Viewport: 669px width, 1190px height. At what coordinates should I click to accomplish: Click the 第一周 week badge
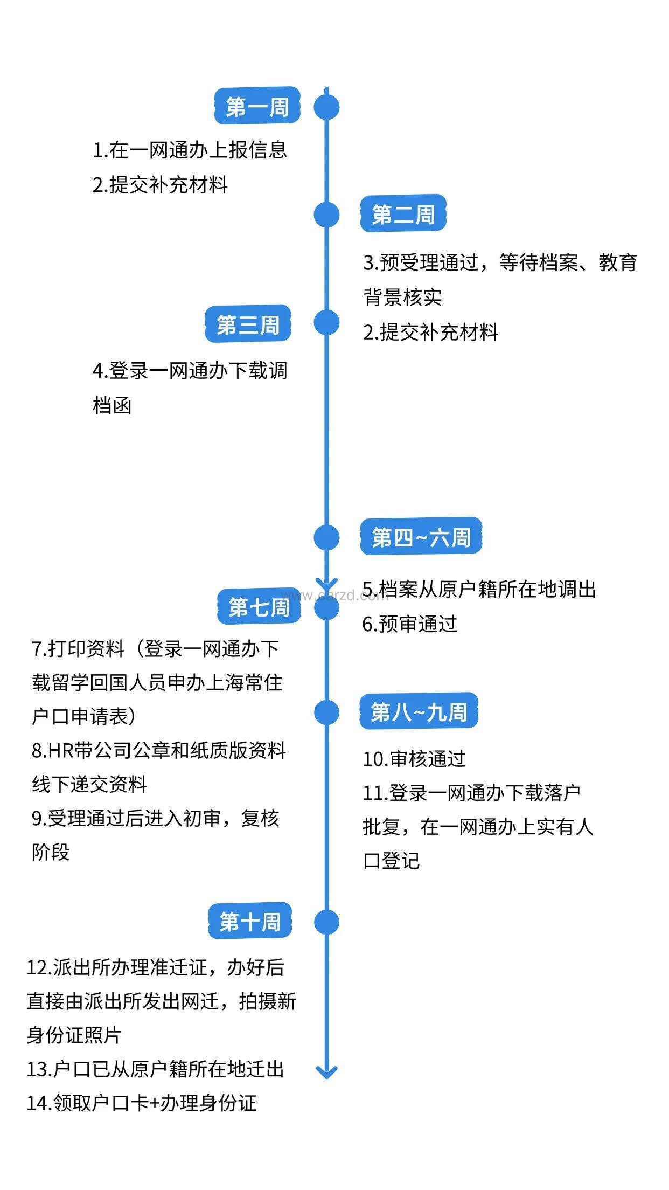[x=257, y=106]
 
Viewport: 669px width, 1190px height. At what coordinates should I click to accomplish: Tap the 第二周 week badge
[x=403, y=214]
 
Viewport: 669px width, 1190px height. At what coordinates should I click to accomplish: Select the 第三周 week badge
[x=248, y=324]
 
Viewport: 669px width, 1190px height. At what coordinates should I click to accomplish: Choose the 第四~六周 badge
[x=421, y=537]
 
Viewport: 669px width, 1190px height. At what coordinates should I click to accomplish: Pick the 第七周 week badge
[x=259, y=607]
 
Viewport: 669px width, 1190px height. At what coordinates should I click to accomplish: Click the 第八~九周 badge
[x=419, y=711]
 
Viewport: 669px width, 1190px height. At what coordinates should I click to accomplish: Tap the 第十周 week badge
[x=250, y=922]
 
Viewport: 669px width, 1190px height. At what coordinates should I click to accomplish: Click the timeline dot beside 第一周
[x=326, y=107]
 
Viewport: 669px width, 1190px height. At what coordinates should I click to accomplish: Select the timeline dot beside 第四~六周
[x=326, y=537]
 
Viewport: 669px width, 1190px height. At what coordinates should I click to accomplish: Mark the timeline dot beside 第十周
[x=326, y=922]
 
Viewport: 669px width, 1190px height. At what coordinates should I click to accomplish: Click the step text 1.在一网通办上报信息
[x=190, y=150]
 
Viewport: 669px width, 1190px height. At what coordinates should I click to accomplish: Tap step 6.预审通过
[x=409, y=624]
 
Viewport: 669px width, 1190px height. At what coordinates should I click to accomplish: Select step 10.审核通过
[x=414, y=759]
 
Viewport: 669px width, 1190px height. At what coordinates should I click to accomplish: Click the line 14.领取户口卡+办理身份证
[x=141, y=1103]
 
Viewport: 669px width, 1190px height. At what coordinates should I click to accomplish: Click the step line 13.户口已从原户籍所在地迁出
[x=155, y=1069]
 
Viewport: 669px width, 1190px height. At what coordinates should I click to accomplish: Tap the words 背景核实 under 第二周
[x=402, y=297]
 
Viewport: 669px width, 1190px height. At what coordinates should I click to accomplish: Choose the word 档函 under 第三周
[x=112, y=405]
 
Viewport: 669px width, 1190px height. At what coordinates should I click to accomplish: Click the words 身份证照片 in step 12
[x=74, y=1035]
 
